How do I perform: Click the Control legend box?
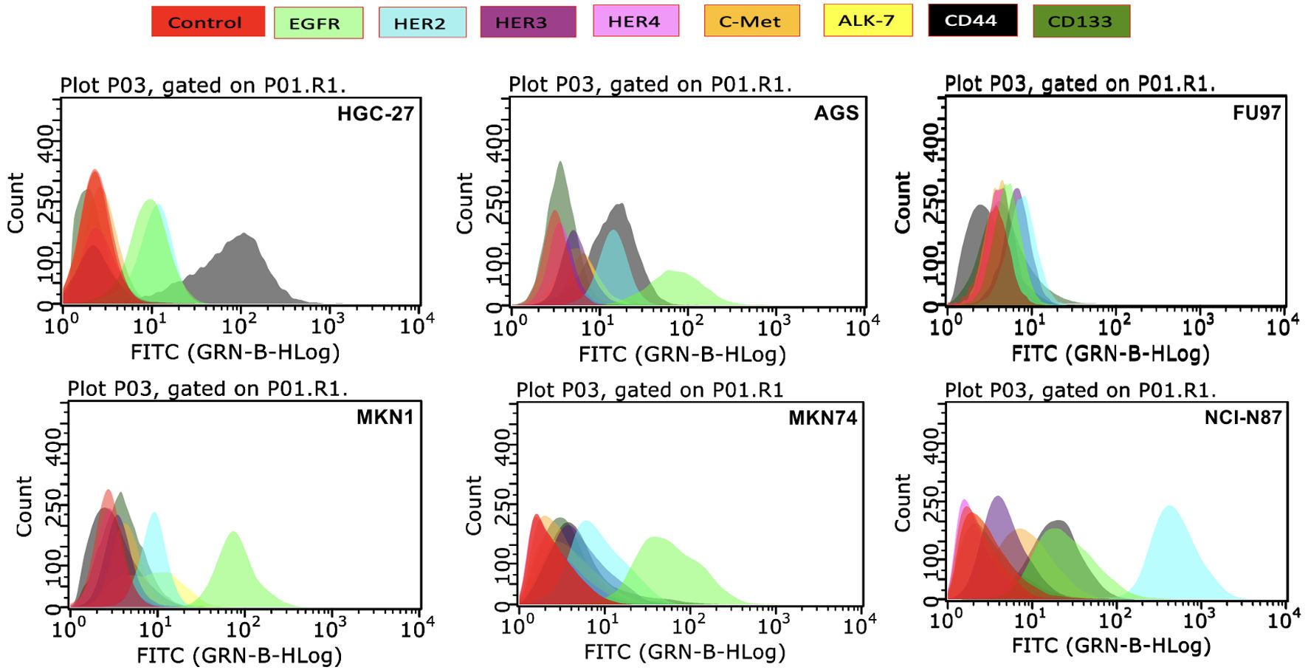point(207,21)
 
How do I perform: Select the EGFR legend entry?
point(318,23)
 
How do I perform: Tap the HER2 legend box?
point(421,23)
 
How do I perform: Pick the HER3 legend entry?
point(527,22)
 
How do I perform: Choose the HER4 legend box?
point(636,21)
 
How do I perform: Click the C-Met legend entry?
point(751,21)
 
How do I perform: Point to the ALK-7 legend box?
point(867,20)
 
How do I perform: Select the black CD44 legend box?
point(972,20)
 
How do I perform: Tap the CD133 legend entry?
point(1081,21)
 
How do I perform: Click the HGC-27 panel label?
point(375,114)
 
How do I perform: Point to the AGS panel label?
point(836,113)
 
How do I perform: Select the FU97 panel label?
point(1256,113)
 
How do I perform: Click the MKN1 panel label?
point(385,417)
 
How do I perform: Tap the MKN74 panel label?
point(822,418)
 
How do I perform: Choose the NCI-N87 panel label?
point(1242,417)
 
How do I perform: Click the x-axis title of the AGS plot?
point(682,355)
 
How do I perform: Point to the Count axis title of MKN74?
point(473,505)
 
